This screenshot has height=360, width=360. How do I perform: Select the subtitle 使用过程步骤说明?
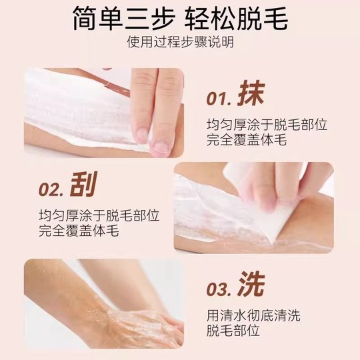(x=180, y=43)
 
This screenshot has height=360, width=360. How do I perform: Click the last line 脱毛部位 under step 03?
(x=228, y=331)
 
